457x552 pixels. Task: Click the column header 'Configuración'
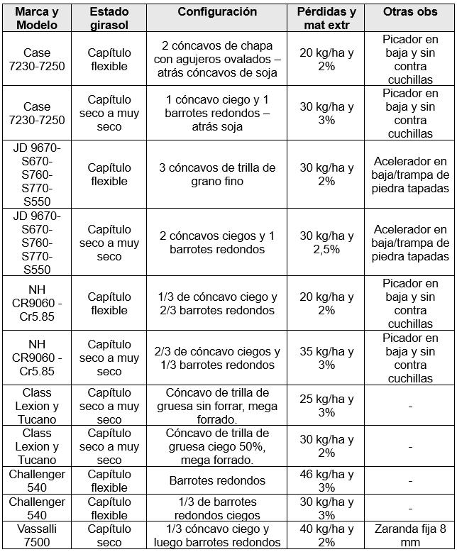(x=217, y=12)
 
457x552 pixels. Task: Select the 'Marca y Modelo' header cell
(x=37, y=18)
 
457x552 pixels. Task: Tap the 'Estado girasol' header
(x=109, y=18)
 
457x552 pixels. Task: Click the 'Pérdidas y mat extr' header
(x=326, y=18)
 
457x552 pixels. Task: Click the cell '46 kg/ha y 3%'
(x=326, y=480)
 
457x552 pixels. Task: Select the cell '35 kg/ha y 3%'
(x=326, y=358)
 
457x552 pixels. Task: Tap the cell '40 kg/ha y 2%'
(x=326, y=536)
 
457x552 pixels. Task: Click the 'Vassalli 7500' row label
(x=37, y=536)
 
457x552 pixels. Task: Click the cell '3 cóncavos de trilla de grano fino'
(x=217, y=175)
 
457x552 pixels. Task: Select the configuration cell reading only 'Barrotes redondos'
(x=217, y=480)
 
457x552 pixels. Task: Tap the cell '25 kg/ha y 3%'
(x=326, y=405)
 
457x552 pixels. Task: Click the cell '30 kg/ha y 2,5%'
(x=326, y=243)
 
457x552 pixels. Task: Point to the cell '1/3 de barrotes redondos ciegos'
(x=217, y=508)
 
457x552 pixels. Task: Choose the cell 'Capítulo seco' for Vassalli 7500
(x=109, y=536)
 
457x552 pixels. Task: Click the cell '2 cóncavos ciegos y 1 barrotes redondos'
(x=217, y=243)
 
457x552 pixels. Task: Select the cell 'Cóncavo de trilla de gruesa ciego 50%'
(x=217, y=446)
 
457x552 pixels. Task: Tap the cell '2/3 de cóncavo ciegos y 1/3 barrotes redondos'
(x=217, y=358)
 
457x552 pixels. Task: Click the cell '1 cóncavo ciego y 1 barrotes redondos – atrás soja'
(x=217, y=113)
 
